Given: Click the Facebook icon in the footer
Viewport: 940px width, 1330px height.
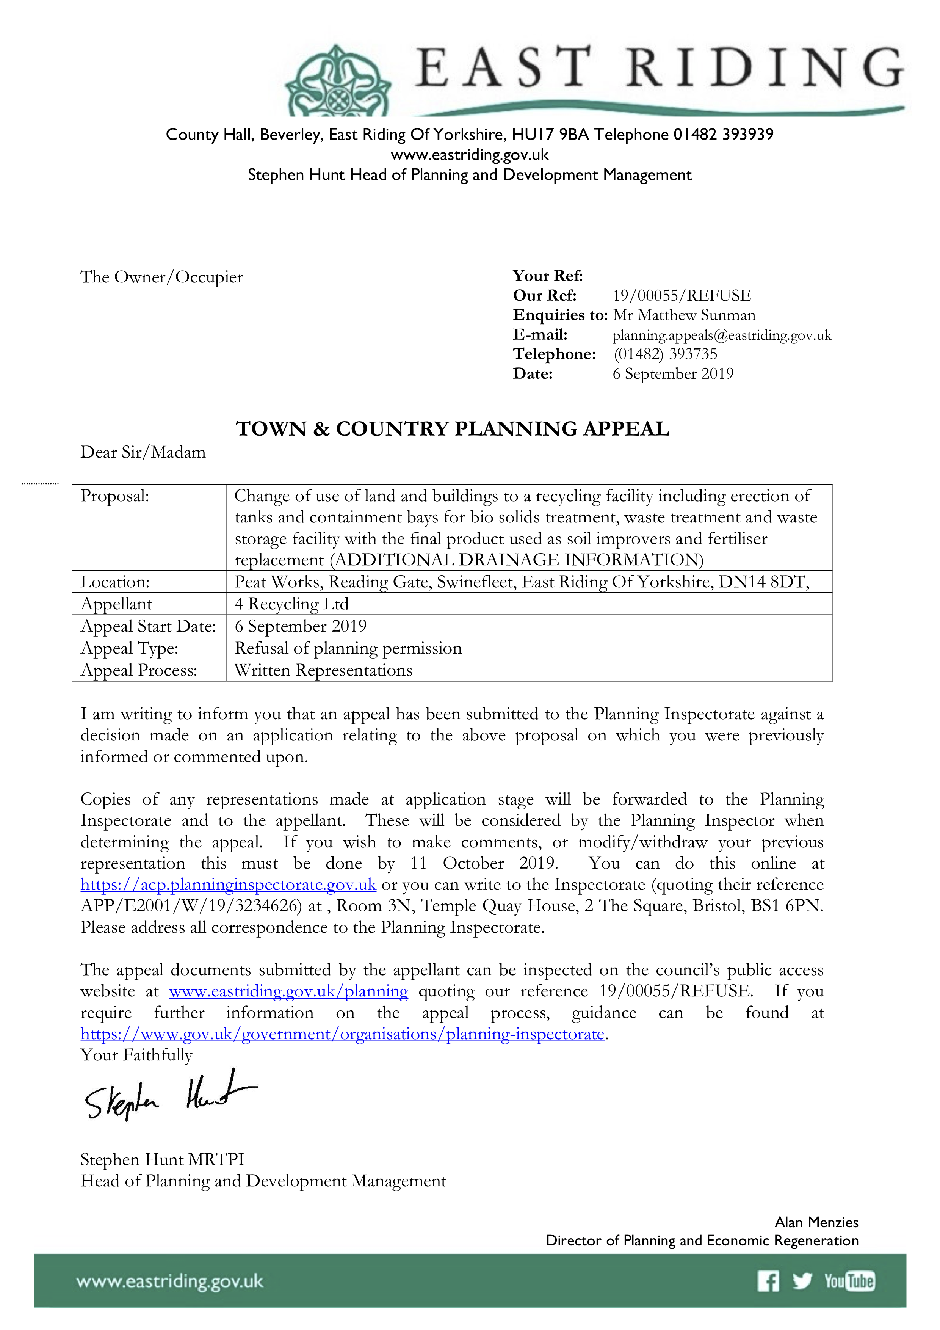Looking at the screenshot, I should (768, 1281).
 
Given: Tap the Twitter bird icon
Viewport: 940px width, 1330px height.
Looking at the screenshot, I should (802, 1281).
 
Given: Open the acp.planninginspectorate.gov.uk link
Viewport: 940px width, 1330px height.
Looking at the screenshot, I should (228, 885).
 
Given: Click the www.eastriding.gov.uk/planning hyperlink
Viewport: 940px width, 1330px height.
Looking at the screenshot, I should (288, 991).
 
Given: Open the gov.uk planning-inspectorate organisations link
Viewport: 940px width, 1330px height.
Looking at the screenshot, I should (342, 1034).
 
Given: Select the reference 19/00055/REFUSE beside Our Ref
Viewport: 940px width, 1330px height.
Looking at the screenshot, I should (681, 295).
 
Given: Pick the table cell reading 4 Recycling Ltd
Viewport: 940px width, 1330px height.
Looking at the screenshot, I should (291, 604).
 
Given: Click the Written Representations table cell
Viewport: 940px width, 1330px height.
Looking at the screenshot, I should (323, 670).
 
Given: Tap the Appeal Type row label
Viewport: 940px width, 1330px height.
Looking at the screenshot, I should (129, 648).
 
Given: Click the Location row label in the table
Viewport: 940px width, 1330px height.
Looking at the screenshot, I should (115, 582).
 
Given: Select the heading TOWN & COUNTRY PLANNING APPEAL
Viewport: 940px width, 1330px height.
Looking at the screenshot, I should (452, 429).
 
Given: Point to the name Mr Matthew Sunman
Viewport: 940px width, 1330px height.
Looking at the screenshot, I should (684, 315).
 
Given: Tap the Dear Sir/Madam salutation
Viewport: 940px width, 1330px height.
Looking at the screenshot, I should (143, 452).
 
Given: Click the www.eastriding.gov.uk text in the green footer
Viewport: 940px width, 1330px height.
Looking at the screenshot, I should (170, 1281).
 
